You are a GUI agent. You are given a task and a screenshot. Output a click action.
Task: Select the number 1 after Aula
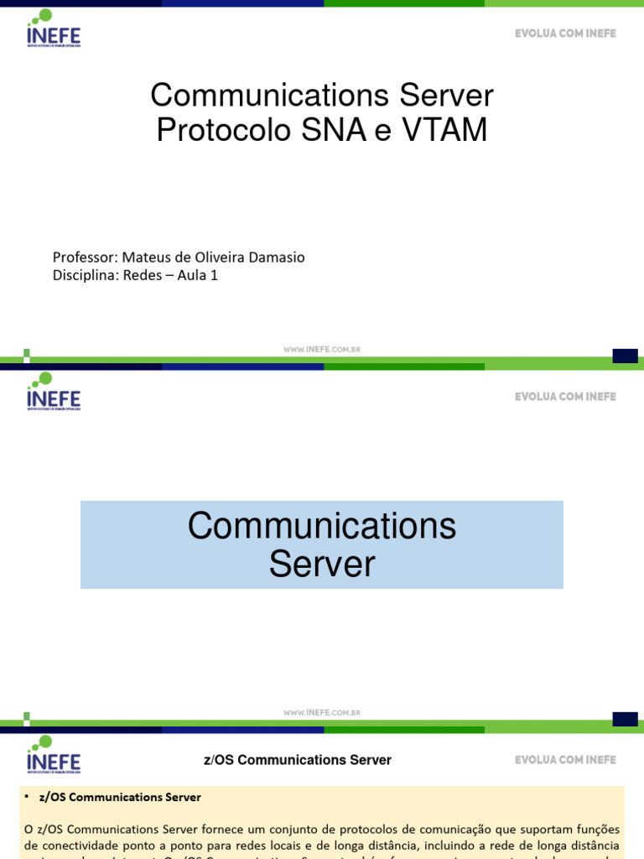(215, 275)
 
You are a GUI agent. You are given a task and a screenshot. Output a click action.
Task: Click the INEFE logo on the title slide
(53, 29)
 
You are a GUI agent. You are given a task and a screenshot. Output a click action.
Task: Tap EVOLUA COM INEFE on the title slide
(565, 34)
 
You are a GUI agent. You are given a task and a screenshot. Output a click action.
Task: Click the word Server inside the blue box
(322, 564)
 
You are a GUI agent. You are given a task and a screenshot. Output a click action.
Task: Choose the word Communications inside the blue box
(322, 527)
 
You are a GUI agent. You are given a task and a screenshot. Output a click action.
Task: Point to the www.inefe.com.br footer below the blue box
(322, 713)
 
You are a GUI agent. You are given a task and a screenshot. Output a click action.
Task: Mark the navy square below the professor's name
(625, 356)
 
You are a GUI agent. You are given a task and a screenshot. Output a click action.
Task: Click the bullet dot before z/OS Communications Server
(29, 797)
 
